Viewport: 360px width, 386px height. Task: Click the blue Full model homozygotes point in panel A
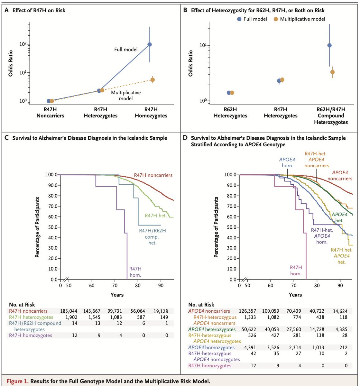point(150,44)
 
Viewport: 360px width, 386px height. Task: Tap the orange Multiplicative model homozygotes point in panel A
point(152,80)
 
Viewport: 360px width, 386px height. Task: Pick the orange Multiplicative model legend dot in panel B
point(276,19)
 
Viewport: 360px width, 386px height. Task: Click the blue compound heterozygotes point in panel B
point(329,45)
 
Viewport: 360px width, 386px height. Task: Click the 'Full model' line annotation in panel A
point(126,50)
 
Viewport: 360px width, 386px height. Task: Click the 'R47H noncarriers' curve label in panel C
point(153,175)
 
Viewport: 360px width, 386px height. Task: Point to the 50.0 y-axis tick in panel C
point(52,227)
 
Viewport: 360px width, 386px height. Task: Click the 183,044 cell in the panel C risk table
point(70,311)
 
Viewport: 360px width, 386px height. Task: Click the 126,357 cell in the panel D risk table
point(250,311)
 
